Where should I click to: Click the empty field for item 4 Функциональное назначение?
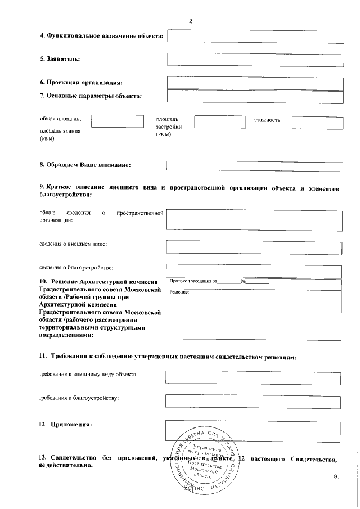point(255,37)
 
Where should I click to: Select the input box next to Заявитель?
point(255,60)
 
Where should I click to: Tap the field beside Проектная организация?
point(255,83)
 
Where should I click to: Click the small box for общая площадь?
point(118,121)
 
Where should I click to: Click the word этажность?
point(267,120)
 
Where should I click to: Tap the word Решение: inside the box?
point(179,291)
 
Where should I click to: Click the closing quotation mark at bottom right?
point(336,477)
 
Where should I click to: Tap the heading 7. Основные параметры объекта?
point(91,96)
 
